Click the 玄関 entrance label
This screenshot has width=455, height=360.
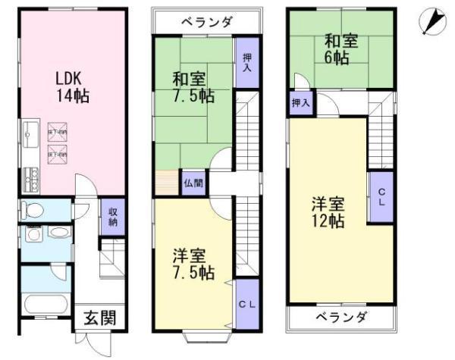(100, 318)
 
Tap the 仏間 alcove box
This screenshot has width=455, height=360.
(193, 182)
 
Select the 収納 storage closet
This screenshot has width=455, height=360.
(112, 216)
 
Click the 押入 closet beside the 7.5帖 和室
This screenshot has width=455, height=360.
(247, 63)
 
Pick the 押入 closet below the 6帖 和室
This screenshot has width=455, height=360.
(300, 102)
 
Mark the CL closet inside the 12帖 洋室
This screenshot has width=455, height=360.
(381, 196)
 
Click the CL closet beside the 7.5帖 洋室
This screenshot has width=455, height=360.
(245, 305)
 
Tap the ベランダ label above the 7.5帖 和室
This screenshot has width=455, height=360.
(206, 21)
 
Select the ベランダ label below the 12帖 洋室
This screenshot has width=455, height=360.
(341, 317)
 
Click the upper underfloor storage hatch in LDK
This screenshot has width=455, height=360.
(58, 131)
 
